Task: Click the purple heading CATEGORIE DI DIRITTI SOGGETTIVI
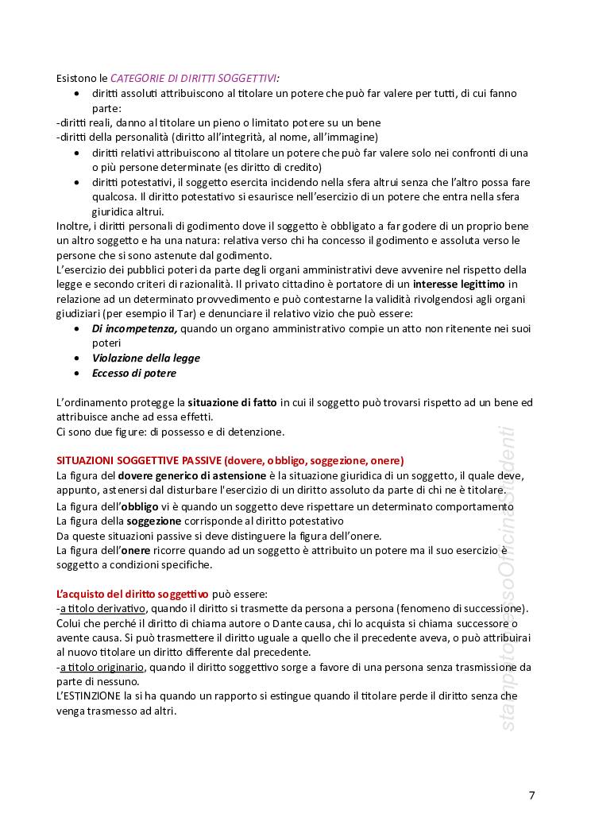pyautogui.click(x=194, y=78)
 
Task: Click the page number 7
pyautogui.click(x=531, y=796)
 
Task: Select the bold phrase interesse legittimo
pyautogui.click(x=459, y=284)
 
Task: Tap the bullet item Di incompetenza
pyautogui.click(x=134, y=328)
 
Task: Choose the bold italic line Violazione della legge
pyautogui.click(x=145, y=358)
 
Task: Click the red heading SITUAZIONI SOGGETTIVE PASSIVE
pyautogui.click(x=139, y=461)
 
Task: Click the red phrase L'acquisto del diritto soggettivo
pyautogui.click(x=133, y=595)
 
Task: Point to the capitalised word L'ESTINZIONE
pyautogui.click(x=91, y=696)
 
